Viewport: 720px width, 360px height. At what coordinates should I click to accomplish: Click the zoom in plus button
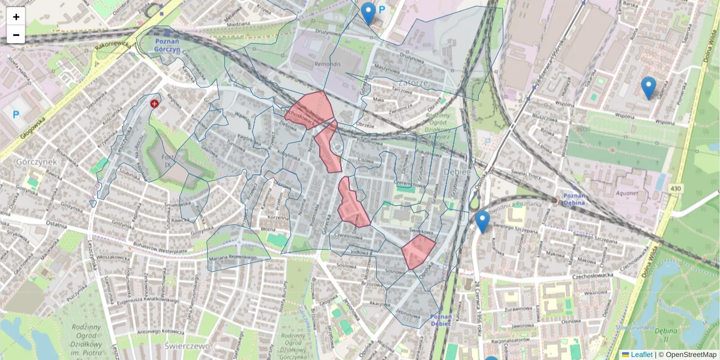pos(16,17)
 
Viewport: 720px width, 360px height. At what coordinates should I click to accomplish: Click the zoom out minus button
pos(16,35)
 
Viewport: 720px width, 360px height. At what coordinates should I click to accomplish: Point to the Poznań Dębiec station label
pos(442,319)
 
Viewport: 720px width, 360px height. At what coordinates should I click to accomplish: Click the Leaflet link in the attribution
pos(641,355)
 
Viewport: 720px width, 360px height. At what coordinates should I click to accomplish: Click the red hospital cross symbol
pos(155,103)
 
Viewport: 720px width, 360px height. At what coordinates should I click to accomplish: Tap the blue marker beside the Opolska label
pos(482,221)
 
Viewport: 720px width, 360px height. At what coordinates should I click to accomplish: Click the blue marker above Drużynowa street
pos(368,13)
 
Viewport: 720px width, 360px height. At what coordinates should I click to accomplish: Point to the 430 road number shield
pos(676,189)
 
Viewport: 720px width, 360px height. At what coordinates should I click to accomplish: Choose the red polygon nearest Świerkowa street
pos(418,251)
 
